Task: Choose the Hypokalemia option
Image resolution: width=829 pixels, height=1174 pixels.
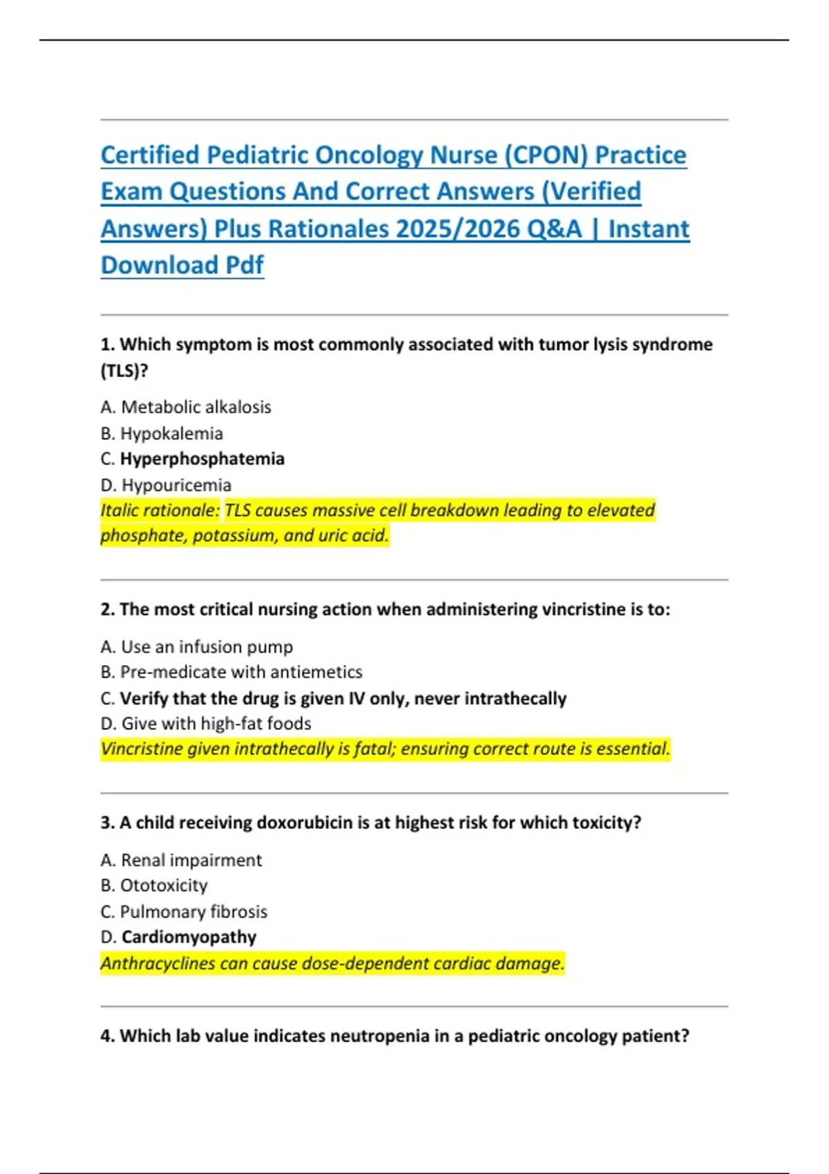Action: [171, 434]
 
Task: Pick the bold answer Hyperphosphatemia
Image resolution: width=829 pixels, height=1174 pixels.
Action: [202, 459]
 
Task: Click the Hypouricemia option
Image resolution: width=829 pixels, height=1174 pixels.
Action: [176, 485]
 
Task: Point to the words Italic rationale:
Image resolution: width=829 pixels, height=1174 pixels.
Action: [160, 510]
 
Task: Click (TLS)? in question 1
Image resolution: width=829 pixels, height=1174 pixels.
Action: [124, 371]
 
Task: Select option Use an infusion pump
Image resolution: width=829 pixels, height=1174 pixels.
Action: [207, 647]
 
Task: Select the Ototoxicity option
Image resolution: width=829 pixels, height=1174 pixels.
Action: [164, 885]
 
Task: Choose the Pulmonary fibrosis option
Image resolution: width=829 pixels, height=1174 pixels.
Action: [193, 912]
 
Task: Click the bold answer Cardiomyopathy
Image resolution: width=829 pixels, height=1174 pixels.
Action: [189, 937]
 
